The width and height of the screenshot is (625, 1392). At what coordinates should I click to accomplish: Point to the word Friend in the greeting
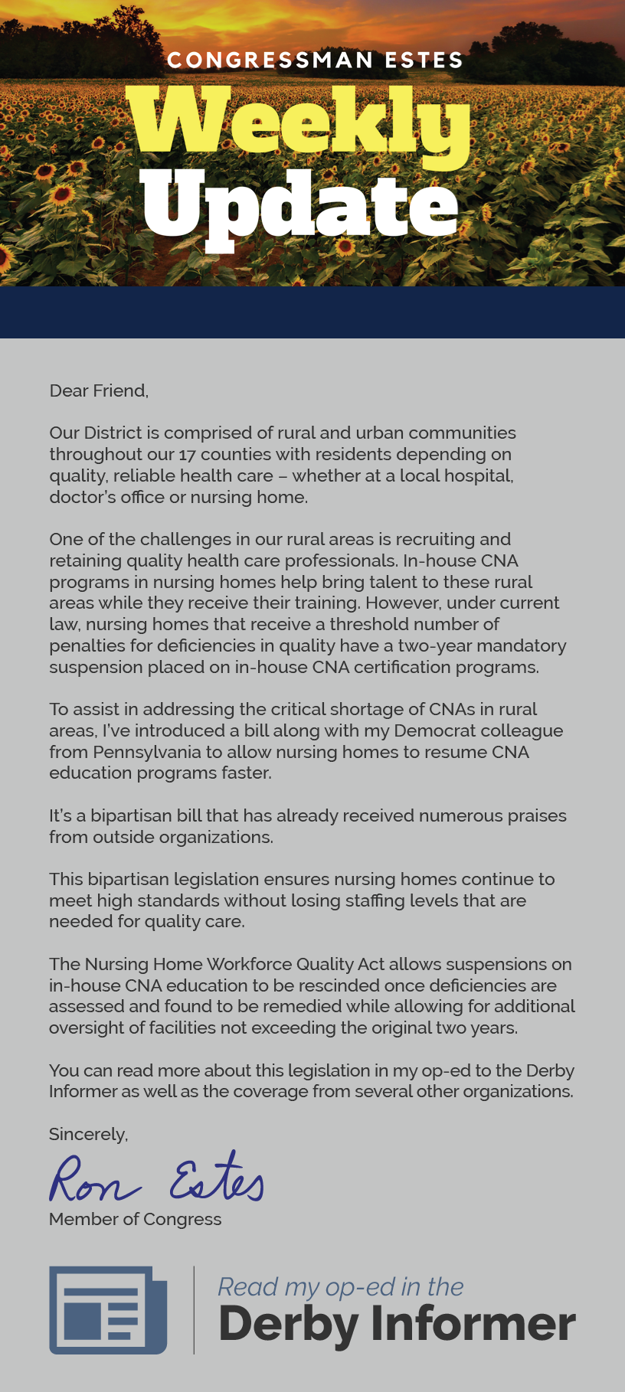[x=119, y=390]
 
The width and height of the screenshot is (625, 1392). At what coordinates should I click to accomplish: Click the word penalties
[x=88, y=645]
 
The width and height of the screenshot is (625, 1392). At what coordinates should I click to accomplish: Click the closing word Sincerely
[x=88, y=1134]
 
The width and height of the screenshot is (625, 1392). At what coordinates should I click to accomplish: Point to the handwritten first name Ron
[x=93, y=1180]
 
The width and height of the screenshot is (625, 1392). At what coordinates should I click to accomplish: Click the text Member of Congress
[x=135, y=1219]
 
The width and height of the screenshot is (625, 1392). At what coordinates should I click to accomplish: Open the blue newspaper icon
[x=108, y=1309]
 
